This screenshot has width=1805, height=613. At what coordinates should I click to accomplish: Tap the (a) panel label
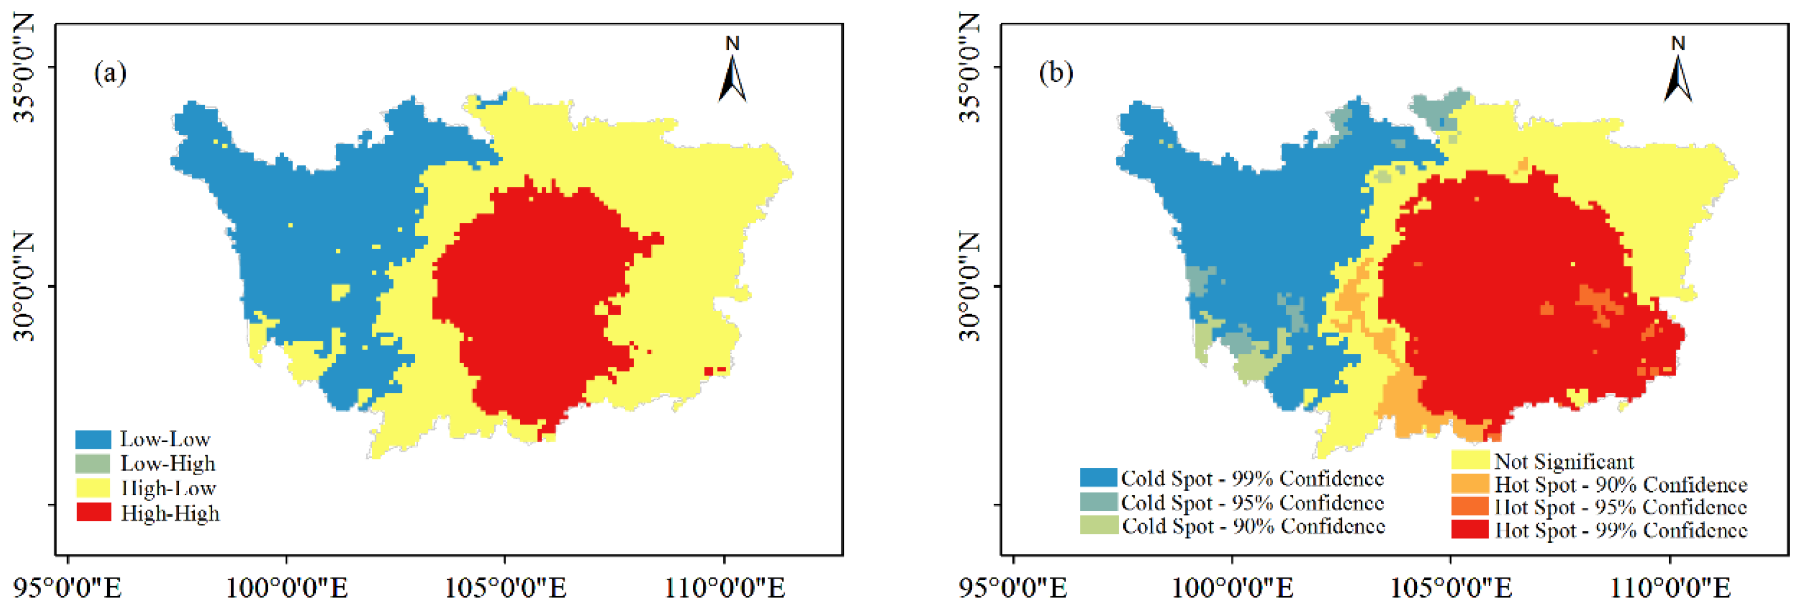(x=110, y=73)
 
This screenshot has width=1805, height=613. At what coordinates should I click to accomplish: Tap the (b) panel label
(x=1055, y=73)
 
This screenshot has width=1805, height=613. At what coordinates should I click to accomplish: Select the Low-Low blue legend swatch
(x=93, y=439)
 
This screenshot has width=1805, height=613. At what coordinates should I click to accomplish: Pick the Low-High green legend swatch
(x=93, y=464)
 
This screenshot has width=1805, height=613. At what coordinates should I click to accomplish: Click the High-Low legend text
(x=168, y=488)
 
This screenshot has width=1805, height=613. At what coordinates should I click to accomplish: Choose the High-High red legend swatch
(x=93, y=513)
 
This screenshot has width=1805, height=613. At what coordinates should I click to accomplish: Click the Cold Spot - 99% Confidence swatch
(x=1098, y=478)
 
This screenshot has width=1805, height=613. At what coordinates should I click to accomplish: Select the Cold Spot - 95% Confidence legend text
(x=1252, y=502)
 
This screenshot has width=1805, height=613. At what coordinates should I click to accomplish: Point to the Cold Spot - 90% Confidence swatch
(x=1098, y=525)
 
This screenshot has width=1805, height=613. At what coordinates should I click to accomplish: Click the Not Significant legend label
(x=1563, y=461)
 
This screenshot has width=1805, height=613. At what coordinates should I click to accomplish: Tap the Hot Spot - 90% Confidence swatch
(x=1469, y=484)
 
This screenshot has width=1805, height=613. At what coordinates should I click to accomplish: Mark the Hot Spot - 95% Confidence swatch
(x=1469, y=506)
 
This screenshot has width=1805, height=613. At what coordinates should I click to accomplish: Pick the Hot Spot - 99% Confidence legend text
(x=1621, y=530)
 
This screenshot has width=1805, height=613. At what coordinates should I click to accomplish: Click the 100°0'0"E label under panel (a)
(x=287, y=587)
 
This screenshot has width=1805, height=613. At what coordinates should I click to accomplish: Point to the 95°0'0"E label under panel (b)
(x=1013, y=587)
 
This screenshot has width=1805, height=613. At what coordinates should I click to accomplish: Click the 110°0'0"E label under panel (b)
(x=1670, y=587)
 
